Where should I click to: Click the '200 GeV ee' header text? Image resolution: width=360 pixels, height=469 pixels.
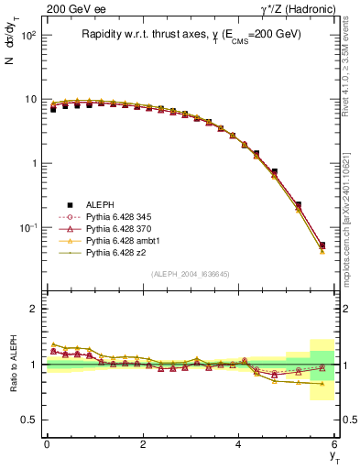click(x=72, y=9)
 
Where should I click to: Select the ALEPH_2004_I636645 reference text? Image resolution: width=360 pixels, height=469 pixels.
click(x=191, y=274)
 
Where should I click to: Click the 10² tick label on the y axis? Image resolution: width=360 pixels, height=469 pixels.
click(x=27, y=35)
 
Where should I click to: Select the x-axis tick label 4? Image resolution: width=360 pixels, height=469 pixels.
click(x=239, y=444)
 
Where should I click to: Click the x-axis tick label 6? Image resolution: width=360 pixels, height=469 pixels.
click(x=335, y=444)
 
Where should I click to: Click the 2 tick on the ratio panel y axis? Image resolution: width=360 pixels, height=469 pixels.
click(x=33, y=309)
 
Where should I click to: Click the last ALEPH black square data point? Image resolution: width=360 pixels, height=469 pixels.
click(x=322, y=245)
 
